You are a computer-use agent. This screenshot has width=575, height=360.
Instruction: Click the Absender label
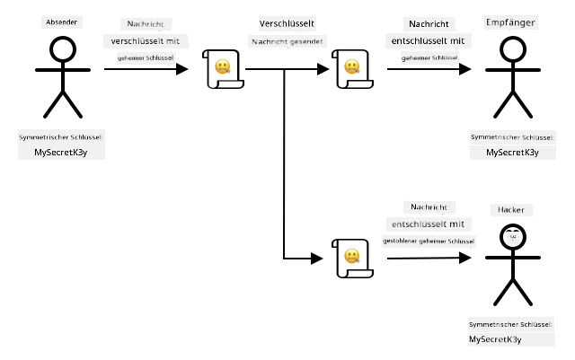coord(62,22)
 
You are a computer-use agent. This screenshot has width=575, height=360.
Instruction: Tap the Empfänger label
coord(510,22)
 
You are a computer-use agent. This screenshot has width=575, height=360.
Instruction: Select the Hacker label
coord(511,210)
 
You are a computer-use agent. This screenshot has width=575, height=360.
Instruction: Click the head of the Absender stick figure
coord(63,49)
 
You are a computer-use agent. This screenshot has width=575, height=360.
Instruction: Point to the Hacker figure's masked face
coord(513,237)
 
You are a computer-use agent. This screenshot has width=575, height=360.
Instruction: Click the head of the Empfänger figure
coord(513,49)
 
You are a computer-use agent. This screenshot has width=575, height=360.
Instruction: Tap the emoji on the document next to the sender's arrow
coord(223,66)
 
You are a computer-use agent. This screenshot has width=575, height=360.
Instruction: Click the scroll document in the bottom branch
coord(352,259)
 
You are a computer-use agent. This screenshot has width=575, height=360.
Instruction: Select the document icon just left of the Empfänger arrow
coord(352,69)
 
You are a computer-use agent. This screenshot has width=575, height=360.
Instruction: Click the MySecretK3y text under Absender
coord(61,152)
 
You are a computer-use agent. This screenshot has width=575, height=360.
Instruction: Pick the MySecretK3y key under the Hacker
coord(495,339)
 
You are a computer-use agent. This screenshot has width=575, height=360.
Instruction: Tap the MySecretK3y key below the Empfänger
coord(512,152)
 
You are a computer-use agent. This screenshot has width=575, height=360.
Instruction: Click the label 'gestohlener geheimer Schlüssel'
coord(429,241)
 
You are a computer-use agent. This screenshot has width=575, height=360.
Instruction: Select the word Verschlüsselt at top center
coord(287,24)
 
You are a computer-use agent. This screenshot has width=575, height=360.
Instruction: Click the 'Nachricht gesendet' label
coord(287,42)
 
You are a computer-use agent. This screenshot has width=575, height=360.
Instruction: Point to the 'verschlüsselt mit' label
coord(146,41)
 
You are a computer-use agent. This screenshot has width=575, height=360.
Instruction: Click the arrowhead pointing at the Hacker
coord(465,258)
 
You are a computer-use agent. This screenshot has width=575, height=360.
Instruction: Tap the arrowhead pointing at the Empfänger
coord(465,69)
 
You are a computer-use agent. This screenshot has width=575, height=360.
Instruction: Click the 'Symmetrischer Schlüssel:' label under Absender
coord(61,137)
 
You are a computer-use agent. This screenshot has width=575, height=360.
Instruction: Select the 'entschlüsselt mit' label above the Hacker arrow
coord(428,224)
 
